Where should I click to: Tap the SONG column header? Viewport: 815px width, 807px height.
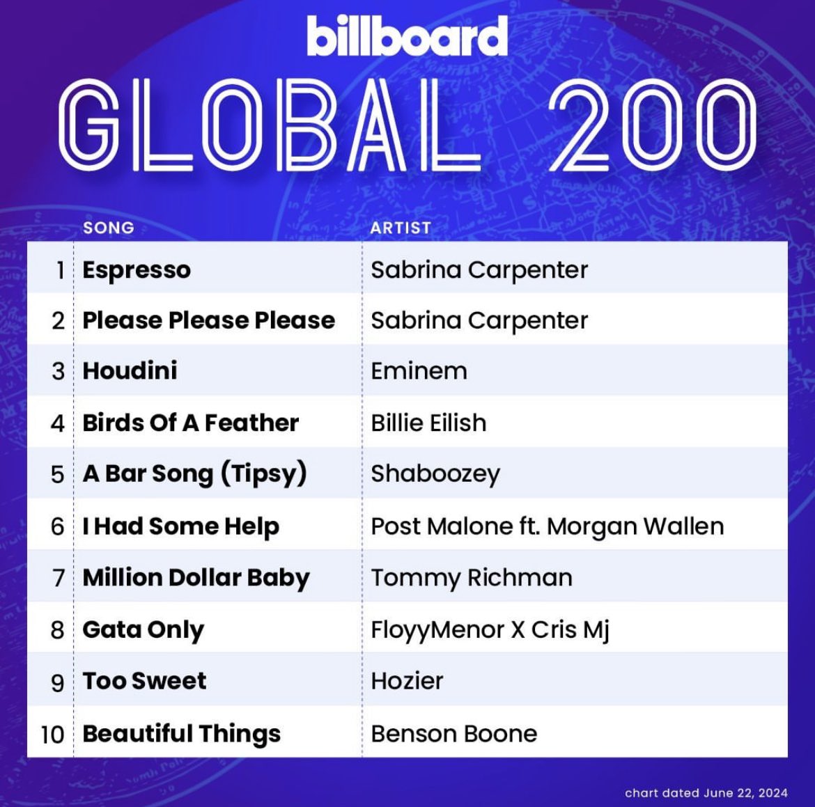click(108, 228)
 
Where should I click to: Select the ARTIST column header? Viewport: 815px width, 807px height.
click(401, 228)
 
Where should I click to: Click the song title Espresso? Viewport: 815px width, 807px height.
click(137, 269)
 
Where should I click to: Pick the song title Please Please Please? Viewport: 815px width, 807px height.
click(208, 320)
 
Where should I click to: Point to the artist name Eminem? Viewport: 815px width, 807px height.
click(419, 370)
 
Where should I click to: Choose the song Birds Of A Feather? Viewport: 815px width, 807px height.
click(190, 423)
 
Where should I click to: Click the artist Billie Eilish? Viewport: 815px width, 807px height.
click(428, 423)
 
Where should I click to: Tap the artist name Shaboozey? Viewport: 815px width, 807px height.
click(435, 473)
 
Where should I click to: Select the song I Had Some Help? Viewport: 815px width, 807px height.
click(180, 526)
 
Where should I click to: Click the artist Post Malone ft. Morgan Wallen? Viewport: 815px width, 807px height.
click(547, 526)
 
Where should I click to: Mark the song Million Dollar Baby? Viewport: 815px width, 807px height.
click(196, 578)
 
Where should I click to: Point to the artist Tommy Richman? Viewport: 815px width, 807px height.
click(472, 578)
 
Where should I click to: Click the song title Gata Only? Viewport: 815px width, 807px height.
click(143, 629)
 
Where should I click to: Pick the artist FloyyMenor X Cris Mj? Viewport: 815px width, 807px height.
click(490, 629)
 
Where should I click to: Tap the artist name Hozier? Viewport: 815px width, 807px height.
click(407, 680)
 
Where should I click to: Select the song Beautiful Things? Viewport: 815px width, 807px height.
click(181, 733)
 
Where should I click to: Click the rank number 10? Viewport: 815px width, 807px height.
click(52, 734)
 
